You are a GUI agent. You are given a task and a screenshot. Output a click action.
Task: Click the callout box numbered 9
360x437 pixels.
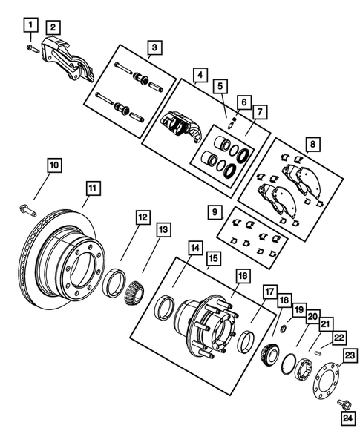[215, 213]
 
